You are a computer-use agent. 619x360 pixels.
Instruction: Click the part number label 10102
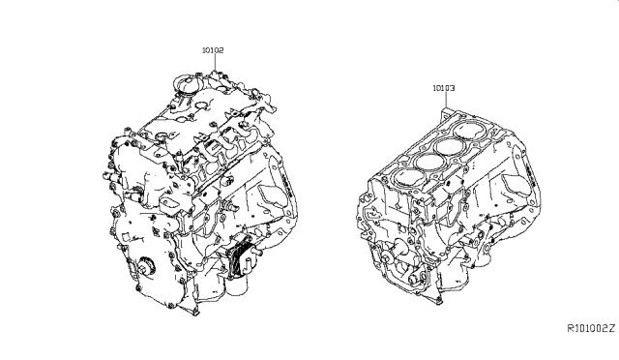click(x=213, y=50)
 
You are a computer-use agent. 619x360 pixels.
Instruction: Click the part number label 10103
click(x=444, y=88)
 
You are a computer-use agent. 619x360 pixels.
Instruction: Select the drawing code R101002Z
click(x=591, y=328)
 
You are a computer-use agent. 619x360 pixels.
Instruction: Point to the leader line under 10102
click(x=216, y=63)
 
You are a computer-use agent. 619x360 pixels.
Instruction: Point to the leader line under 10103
click(x=446, y=100)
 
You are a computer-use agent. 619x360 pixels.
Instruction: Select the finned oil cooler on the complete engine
click(x=239, y=255)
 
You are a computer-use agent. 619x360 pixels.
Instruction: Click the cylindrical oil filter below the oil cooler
click(x=237, y=285)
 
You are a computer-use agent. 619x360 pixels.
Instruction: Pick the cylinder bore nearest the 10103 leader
click(x=468, y=132)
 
